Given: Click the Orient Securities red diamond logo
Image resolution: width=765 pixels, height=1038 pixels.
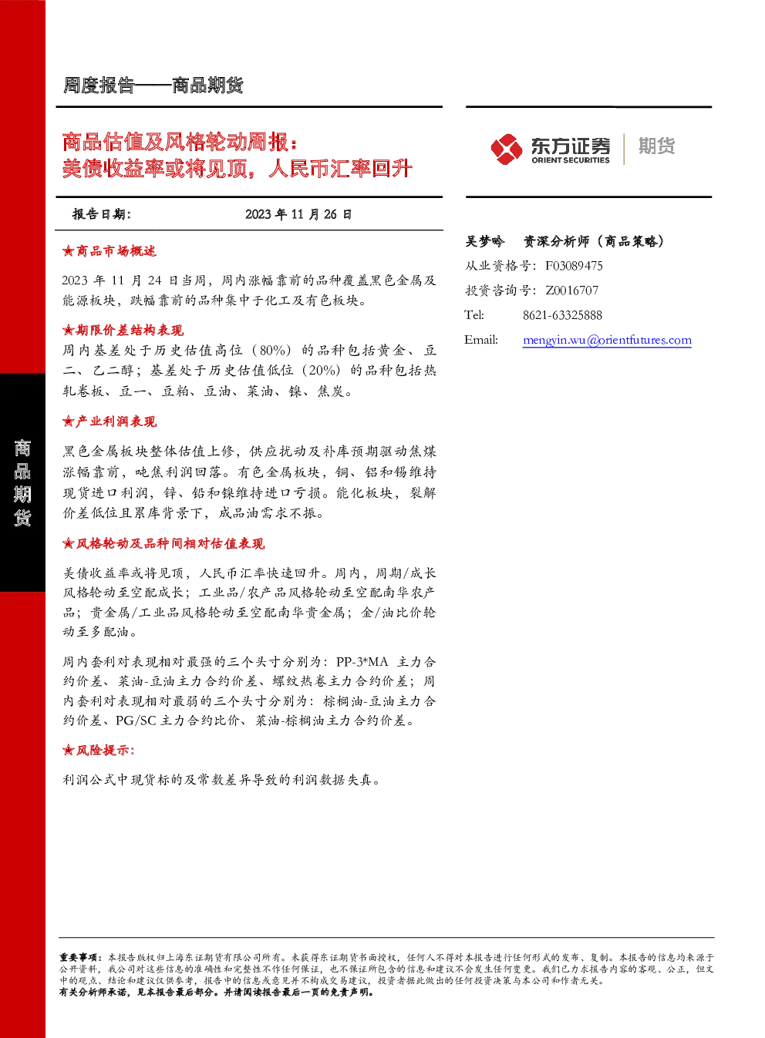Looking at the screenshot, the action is [507, 149].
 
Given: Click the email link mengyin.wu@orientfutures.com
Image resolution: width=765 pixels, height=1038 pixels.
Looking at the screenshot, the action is [607, 340].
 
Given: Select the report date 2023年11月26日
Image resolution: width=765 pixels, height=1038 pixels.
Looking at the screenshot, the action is [298, 214].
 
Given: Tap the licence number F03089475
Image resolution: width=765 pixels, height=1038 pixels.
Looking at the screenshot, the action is [574, 266].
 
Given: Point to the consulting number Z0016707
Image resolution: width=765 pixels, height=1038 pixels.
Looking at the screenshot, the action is [572, 291].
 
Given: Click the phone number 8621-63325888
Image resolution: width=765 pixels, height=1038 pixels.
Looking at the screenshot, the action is [562, 315].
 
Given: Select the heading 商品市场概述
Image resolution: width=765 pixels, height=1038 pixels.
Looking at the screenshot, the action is [116, 251].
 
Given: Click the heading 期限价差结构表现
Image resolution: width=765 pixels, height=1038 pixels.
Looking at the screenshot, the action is [130, 330].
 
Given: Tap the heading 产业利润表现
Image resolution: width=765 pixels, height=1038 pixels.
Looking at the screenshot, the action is [116, 422].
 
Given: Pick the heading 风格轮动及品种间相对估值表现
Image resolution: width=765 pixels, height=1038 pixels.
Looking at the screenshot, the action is [170, 543].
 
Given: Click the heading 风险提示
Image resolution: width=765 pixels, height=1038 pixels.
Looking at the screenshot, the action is [105, 751].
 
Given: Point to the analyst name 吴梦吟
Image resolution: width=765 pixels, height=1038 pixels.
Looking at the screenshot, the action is [484, 241].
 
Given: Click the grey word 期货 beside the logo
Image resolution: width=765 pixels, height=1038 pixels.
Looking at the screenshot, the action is [656, 146].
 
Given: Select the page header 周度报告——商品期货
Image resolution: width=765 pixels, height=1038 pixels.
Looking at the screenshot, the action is [153, 86].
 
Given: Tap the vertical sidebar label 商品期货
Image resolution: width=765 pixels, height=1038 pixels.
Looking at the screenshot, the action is [22, 482].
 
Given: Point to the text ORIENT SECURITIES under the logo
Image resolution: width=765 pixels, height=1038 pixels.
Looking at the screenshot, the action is [571, 160].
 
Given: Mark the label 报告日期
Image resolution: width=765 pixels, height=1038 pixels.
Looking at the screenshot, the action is [102, 214].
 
